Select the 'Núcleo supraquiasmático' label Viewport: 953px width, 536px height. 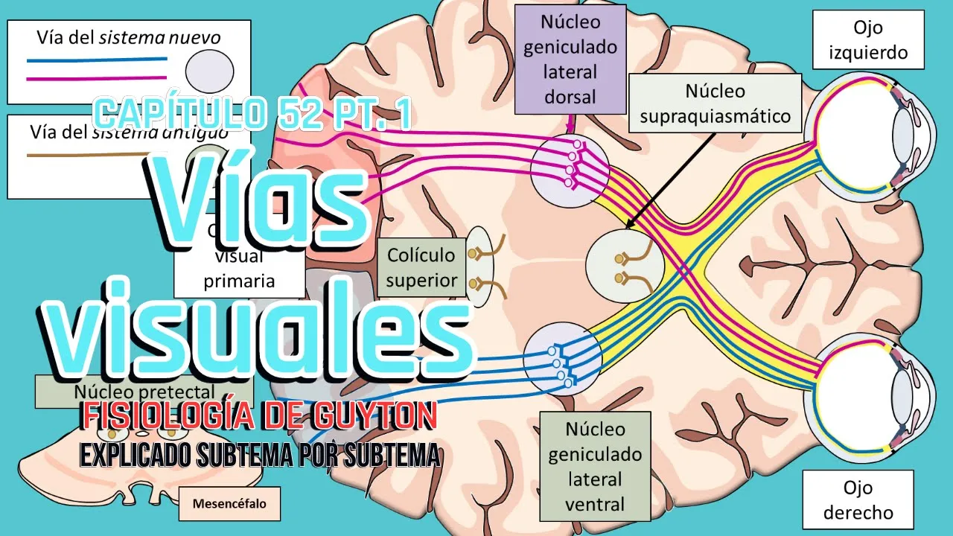(715, 103)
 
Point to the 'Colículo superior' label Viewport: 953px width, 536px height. (421, 267)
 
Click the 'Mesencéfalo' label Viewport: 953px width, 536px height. (223, 504)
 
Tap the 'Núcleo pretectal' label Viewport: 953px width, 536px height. (145, 391)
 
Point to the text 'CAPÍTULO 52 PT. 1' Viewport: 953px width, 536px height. (253, 114)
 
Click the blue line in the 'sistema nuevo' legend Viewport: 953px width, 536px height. (97, 59)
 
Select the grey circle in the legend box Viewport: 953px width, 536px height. (205, 74)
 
